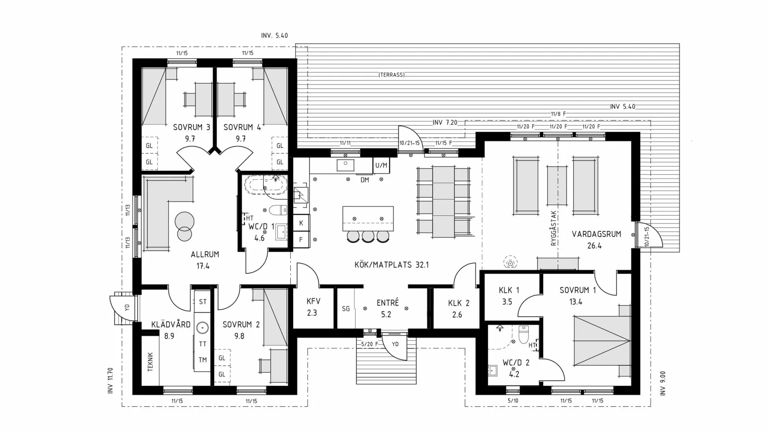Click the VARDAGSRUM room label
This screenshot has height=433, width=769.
click(x=596, y=234)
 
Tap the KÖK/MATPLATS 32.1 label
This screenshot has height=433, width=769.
click(x=391, y=265)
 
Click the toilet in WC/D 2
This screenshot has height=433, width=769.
click(x=523, y=334)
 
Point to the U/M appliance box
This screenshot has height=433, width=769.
click(x=381, y=165)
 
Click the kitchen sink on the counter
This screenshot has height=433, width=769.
click(x=345, y=165)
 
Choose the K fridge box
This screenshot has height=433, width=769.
click(x=301, y=223)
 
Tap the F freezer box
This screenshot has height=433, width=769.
click(x=301, y=240)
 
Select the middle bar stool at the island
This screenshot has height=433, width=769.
click(x=368, y=236)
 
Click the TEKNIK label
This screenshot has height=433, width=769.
click(x=151, y=362)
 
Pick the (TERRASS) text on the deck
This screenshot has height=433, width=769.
click(x=391, y=75)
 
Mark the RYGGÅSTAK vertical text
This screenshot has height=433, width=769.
click(x=554, y=228)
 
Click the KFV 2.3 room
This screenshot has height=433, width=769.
click(x=313, y=307)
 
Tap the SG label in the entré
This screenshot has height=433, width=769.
click(x=346, y=309)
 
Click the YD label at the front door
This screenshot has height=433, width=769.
click(x=395, y=344)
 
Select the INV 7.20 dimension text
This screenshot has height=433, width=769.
click(x=445, y=122)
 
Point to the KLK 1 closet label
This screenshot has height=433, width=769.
click(x=509, y=290)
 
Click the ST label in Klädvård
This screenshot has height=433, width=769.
click(x=203, y=301)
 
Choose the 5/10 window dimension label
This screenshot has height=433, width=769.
click(x=513, y=401)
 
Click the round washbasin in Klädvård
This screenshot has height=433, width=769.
click(x=202, y=328)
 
